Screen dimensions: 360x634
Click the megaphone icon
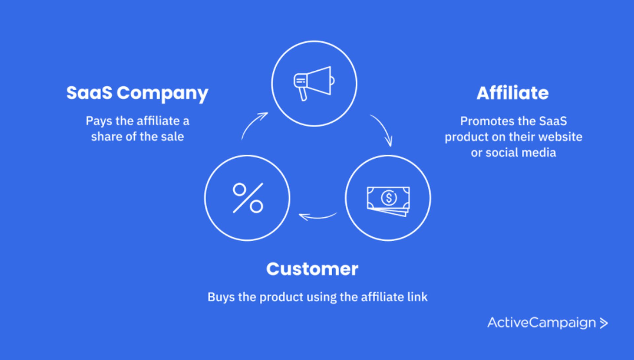click(x=314, y=83)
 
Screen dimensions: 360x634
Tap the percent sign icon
click(x=248, y=198)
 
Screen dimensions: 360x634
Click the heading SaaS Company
click(x=137, y=93)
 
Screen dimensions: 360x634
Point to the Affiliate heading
click(x=512, y=93)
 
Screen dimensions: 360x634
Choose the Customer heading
click(x=312, y=269)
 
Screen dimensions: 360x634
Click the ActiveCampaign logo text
click(x=542, y=323)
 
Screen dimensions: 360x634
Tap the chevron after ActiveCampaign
click(x=604, y=323)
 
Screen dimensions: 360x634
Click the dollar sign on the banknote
click(x=389, y=198)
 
